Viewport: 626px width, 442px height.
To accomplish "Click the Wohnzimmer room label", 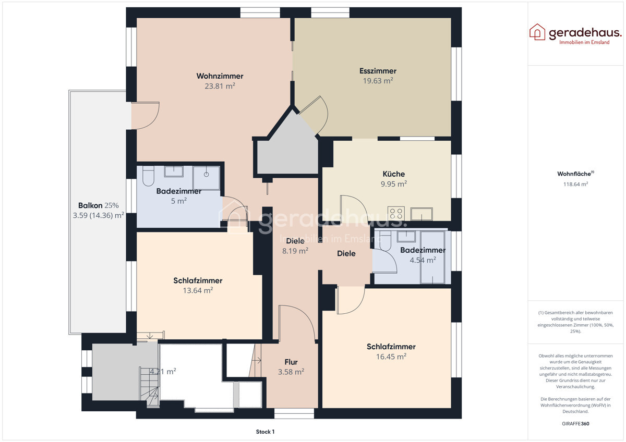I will (220, 76).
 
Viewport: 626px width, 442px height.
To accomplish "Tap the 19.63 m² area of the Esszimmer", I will (378, 81).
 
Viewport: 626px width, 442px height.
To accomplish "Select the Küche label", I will (393, 174).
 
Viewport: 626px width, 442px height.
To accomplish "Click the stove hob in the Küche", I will (396, 213).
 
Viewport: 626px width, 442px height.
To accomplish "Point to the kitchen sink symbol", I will (421, 213).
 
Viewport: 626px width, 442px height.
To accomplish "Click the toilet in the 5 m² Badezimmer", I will (148, 176).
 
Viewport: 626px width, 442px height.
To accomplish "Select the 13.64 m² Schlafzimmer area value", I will (198, 290).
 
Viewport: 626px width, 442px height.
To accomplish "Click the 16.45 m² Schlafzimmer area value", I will (391, 357).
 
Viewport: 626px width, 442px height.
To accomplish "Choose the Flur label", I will (291, 362).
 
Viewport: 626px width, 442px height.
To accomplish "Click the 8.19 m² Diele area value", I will (295, 250).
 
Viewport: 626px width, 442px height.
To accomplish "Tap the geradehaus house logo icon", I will (537, 32).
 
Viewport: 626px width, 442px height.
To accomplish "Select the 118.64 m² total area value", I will (575, 184).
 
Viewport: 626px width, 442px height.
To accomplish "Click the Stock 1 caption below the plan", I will (265, 432).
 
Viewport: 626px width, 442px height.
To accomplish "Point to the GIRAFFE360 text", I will (575, 424).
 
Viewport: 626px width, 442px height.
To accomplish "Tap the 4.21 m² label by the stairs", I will (163, 372).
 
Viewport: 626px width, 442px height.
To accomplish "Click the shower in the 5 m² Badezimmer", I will (206, 177).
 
